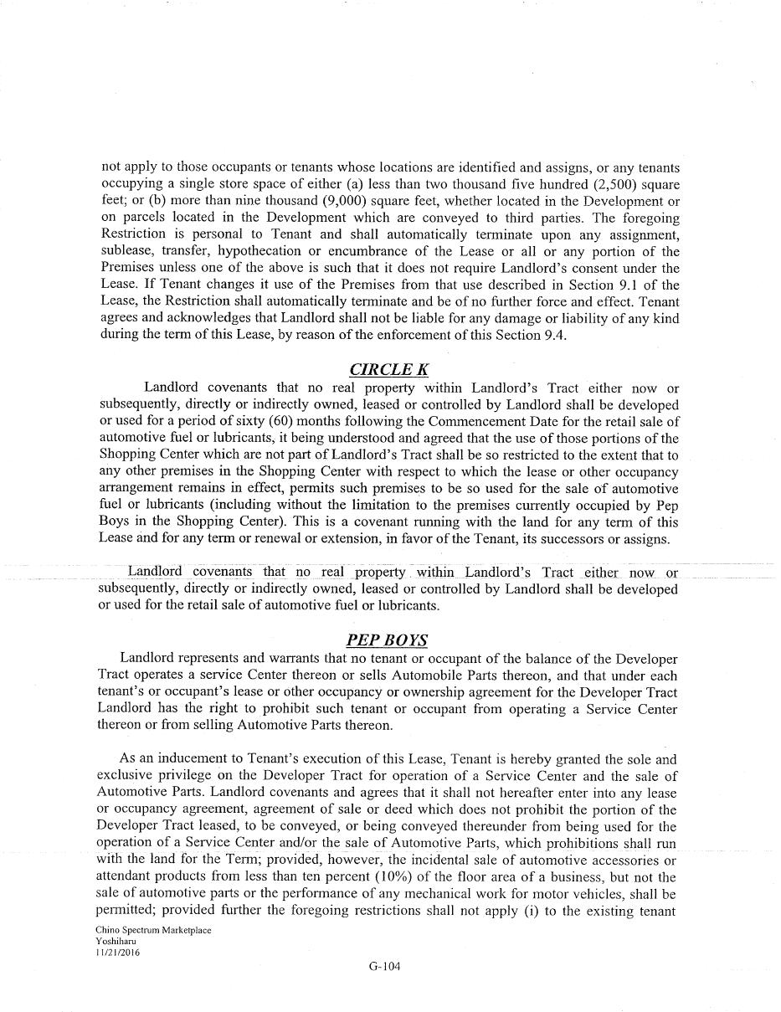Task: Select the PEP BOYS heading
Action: [x=387, y=640]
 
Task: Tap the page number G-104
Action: [x=385, y=967]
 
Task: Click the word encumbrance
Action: [x=380, y=251]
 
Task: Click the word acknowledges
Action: [x=200, y=318]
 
